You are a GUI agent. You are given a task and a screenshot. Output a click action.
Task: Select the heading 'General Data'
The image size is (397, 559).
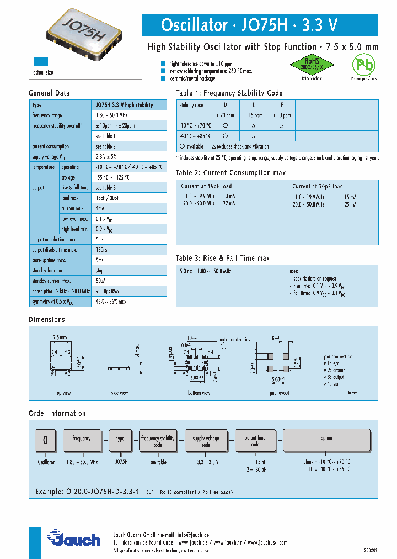(x=49, y=93)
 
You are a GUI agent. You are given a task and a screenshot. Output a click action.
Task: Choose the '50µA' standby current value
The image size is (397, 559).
(x=100, y=281)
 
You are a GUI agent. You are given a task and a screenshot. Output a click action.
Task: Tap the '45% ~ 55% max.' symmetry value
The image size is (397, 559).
(x=112, y=302)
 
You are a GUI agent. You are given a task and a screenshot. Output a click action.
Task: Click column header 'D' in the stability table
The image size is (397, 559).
(x=224, y=105)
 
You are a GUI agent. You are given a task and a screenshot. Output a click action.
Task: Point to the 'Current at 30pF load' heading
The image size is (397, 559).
(x=318, y=186)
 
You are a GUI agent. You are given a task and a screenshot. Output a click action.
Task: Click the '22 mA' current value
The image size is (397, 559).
(x=229, y=203)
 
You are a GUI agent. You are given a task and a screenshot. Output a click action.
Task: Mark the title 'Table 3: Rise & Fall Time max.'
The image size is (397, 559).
(x=224, y=258)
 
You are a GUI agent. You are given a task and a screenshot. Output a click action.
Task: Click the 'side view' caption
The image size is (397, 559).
(x=120, y=393)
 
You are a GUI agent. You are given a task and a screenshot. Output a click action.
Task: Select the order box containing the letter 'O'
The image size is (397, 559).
(x=46, y=440)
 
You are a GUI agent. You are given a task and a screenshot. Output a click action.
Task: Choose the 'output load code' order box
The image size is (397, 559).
(x=255, y=440)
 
